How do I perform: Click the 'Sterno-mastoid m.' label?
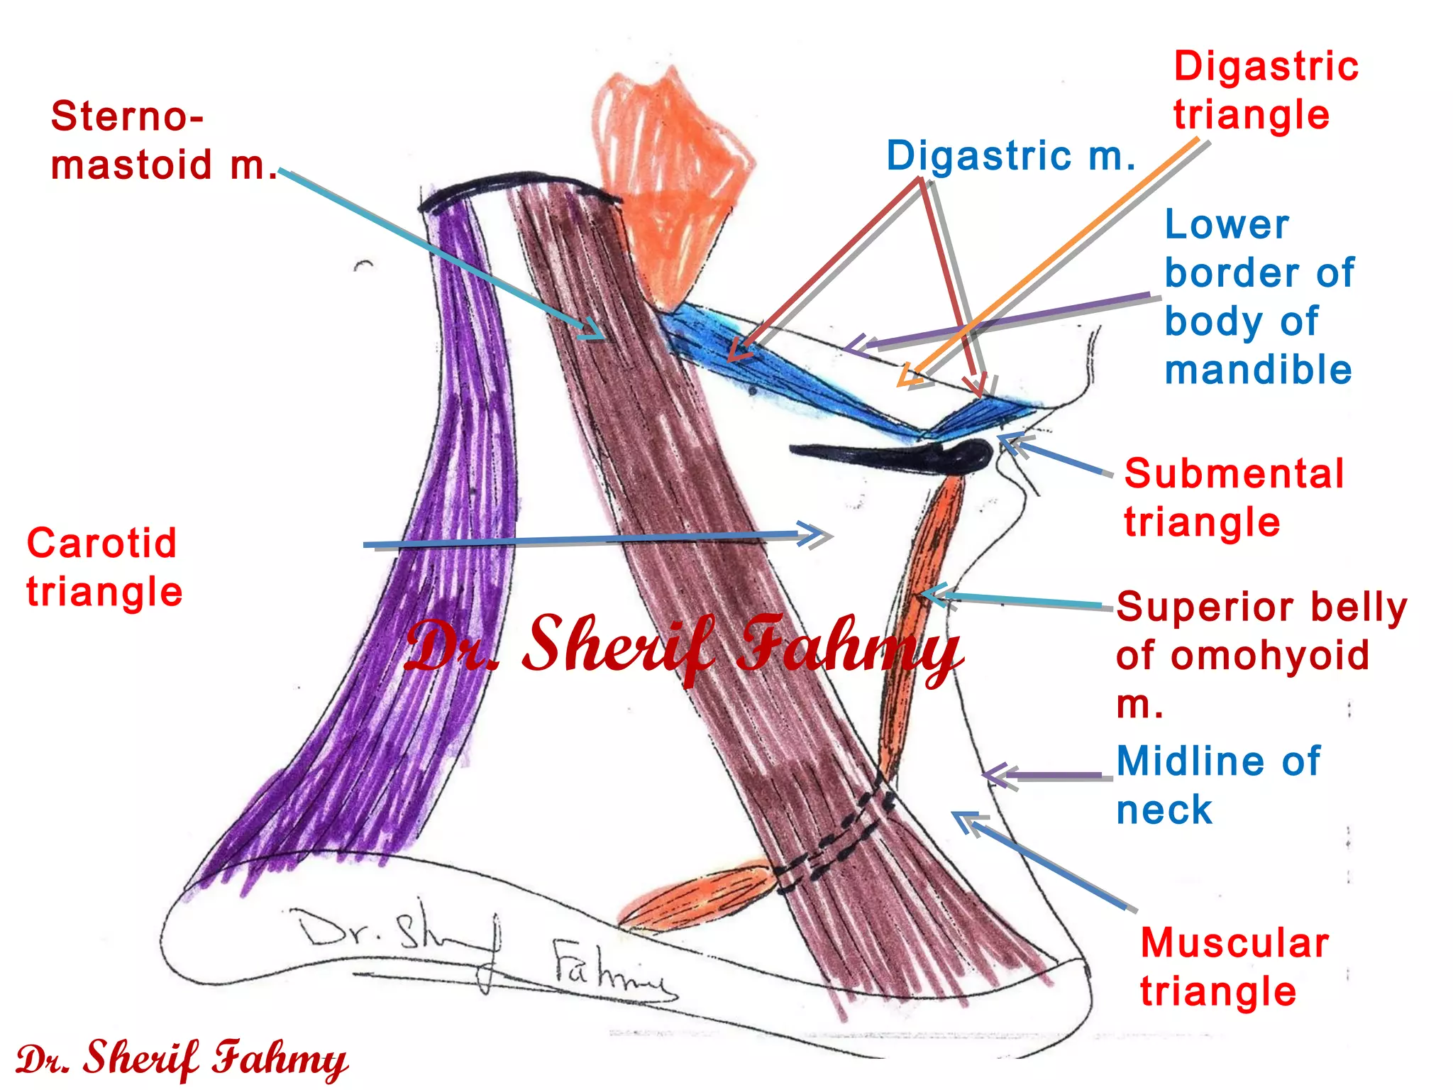(x=163, y=141)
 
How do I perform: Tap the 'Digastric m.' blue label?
(x=1010, y=156)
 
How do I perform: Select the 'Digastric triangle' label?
(x=1265, y=90)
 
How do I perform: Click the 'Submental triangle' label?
(x=1233, y=497)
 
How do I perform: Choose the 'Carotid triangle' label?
(x=104, y=567)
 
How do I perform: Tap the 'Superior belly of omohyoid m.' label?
(x=1260, y=654)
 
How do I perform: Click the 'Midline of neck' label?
(x=1217, y=785)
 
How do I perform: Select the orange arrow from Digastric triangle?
(x=1050, y=263)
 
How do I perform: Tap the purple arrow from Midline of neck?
(x=1050, y=776)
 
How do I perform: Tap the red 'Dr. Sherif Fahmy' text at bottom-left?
(x=181, y=1059)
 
